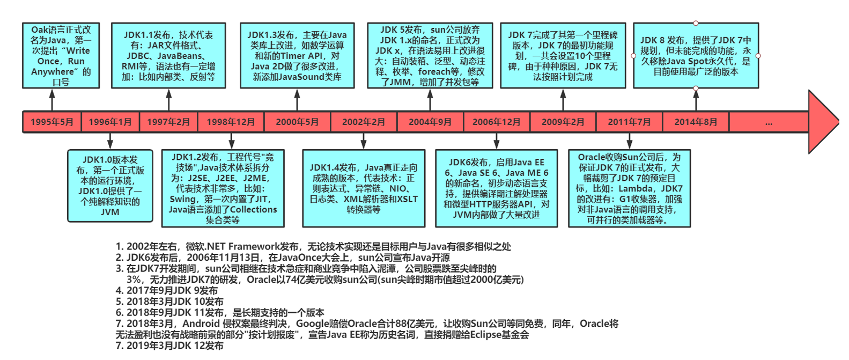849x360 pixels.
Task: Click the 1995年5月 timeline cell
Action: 52,122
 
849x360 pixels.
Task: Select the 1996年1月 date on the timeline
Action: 110,122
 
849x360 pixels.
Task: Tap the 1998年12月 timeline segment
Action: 231,122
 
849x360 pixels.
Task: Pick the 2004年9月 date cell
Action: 430,122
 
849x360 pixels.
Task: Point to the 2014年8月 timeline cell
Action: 696,122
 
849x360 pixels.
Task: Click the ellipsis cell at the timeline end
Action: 769,122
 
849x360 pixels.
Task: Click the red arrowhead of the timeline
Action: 822,122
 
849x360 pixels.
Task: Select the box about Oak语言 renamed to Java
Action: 61,56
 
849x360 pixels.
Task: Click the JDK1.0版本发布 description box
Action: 110,186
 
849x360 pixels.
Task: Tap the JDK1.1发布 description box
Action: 168,56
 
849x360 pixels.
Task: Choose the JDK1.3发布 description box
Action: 297,56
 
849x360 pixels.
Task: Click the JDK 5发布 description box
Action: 430,56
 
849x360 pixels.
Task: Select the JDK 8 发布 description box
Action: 696,56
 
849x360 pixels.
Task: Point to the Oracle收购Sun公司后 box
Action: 629,188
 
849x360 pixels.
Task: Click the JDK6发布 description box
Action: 496,188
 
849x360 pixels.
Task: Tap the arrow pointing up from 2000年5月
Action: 297,100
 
